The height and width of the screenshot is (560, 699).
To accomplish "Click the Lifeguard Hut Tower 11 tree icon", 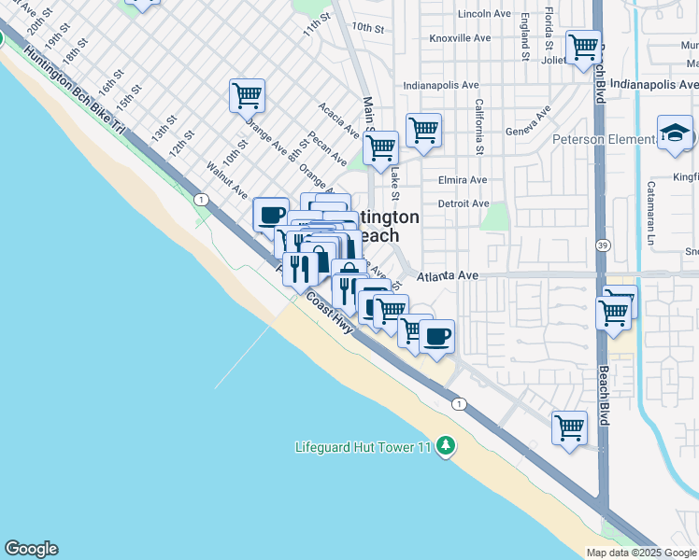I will [x=447, y=446].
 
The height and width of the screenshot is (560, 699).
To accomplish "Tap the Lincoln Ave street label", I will [x=483, y=14].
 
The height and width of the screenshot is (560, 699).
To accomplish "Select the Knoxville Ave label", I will [x=460, y=38].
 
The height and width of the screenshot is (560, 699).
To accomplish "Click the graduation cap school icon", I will [x=674, y=133].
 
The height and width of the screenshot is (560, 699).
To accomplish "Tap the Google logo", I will [x=31, y=549].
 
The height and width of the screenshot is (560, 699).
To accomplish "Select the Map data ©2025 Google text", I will [x=640, y=553].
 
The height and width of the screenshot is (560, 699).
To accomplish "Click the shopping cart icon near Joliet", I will [x=583, y=46].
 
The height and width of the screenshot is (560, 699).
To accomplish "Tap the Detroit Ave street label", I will [x=463, y=203].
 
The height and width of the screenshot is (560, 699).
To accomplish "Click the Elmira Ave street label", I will [x=462, y=180].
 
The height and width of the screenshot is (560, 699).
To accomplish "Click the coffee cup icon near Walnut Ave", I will [x=271, y=215].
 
